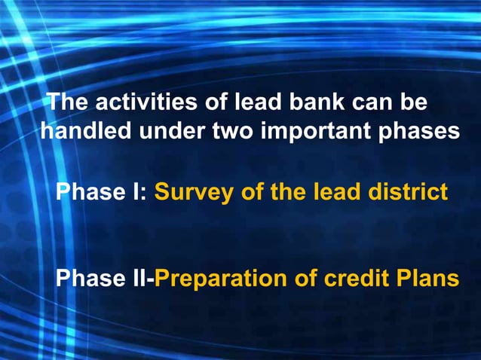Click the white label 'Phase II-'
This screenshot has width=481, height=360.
tap(105, 279)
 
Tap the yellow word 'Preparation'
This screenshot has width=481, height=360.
tap(222, 279)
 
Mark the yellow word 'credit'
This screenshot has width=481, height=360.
tap(357, 279)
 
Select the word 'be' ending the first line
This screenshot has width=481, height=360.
tap(416, 102)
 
